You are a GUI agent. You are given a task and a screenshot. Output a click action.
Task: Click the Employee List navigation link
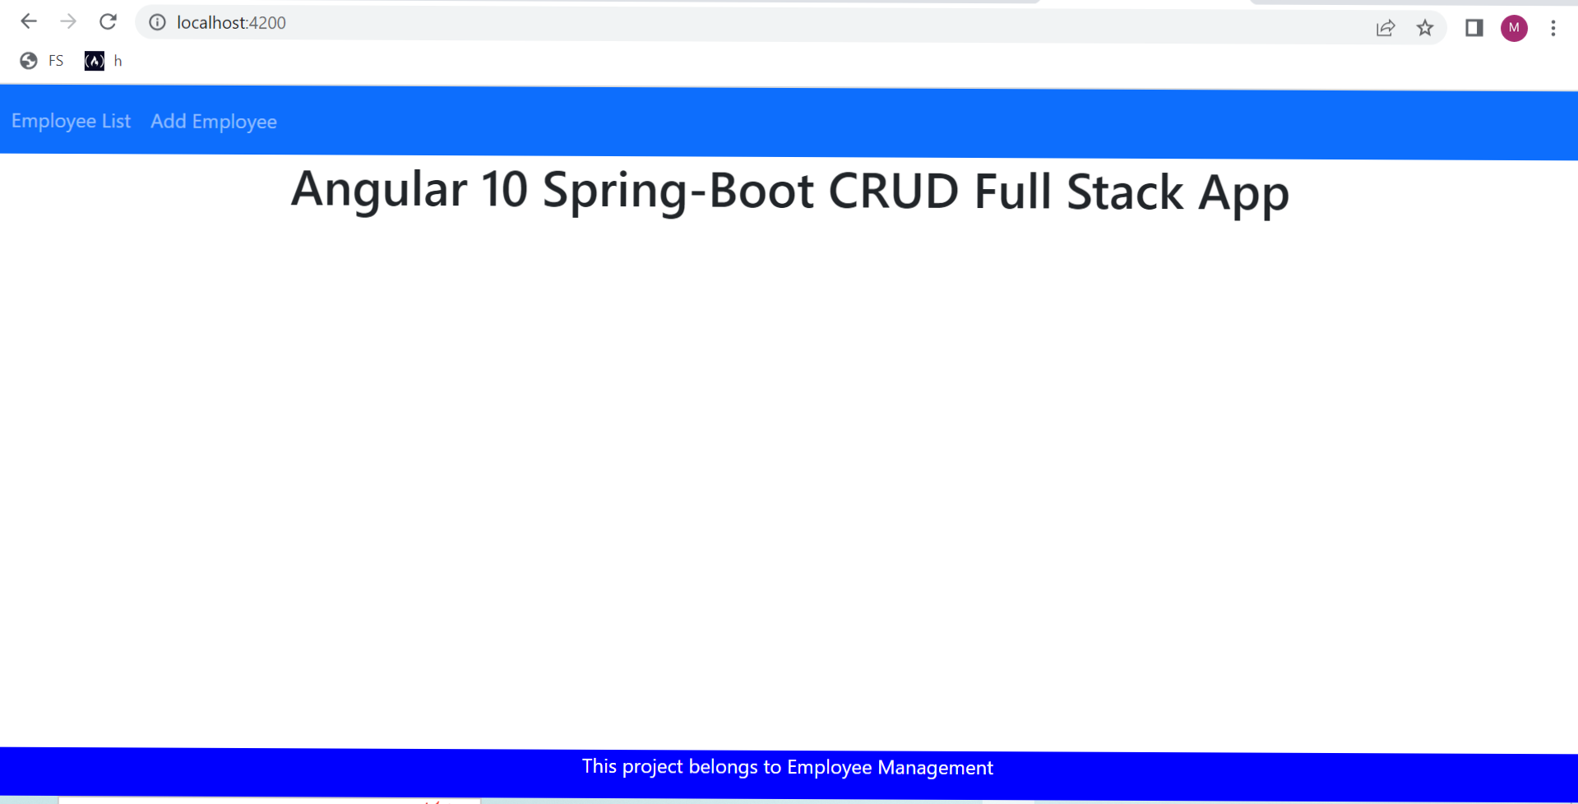[x=71, y=122]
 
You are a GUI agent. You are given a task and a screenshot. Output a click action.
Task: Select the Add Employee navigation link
[x=214, y=122]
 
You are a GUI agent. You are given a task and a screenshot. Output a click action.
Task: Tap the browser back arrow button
[x=29, y=22]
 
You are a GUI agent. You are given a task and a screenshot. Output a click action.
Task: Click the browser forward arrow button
[x=68, y=22]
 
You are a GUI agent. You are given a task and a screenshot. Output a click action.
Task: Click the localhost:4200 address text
[x=231, y=23]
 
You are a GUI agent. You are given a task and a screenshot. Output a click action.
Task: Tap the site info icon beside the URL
[x=157, y=22]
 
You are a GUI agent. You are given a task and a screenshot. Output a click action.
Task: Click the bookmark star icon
[x=1425, y=28]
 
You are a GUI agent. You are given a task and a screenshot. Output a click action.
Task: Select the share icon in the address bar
[x=1386, y=28]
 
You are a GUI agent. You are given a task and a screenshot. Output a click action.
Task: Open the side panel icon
[x=1474, y=28]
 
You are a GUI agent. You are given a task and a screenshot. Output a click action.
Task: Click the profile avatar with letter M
[x=1514, y=28]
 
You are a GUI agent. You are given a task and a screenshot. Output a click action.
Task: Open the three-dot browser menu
[x=1553, y=28]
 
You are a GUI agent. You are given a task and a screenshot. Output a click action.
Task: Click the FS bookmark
[x=42, y=61]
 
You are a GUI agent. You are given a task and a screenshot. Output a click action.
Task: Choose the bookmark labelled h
[x=104, y=61]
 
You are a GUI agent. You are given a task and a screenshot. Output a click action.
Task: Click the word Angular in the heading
[x=379, y=190]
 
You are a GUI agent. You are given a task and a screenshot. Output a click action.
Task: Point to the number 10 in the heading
[x=504, y=190]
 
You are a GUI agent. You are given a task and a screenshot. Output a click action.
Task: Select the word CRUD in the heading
[x=894, y=192]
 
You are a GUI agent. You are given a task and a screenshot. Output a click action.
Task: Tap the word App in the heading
[x=1243, y=194]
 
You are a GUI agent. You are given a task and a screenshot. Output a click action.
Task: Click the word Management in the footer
[x=935, y=768]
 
